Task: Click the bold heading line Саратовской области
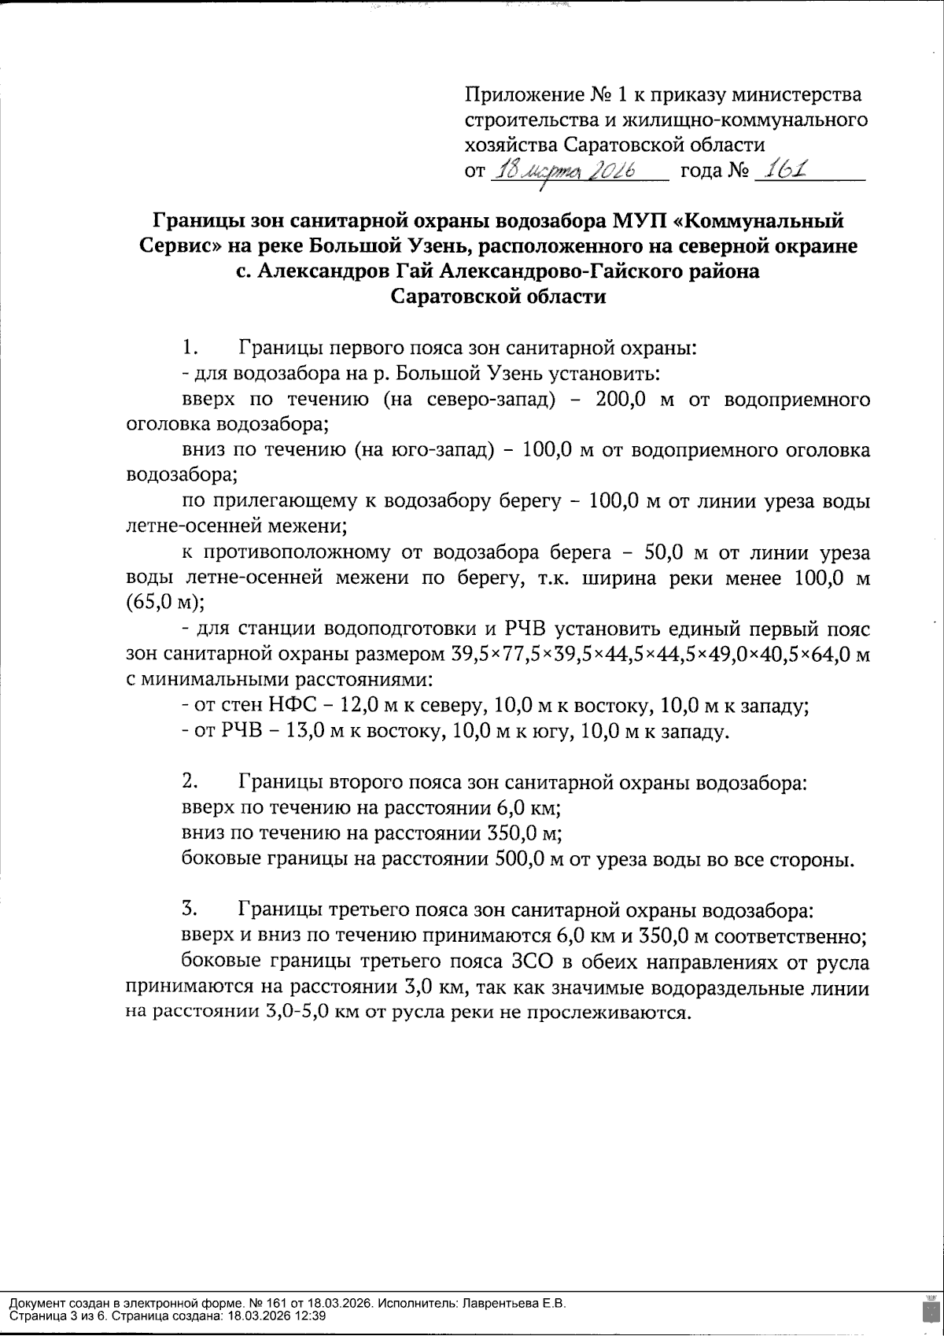click(499, 297)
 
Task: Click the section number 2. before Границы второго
click(189, 782)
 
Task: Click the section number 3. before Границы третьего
click(189, 910)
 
